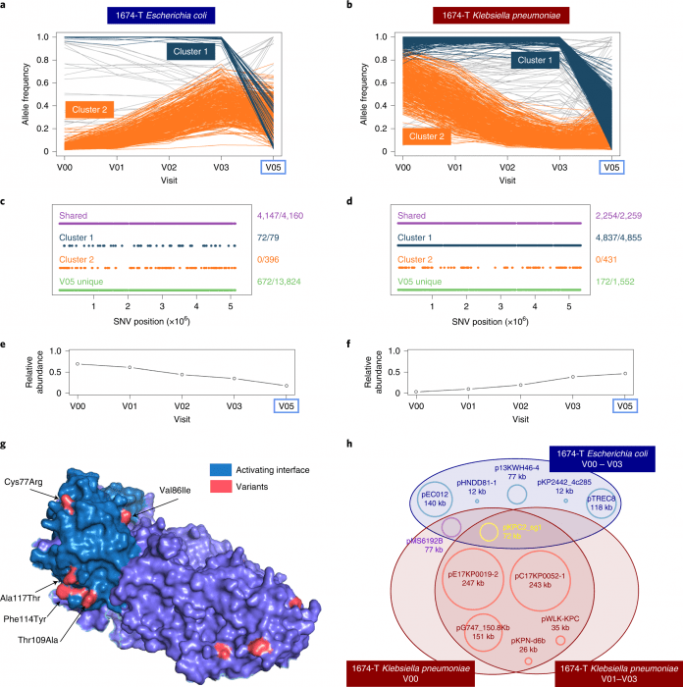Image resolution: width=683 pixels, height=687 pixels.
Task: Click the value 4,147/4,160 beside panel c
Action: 274,223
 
